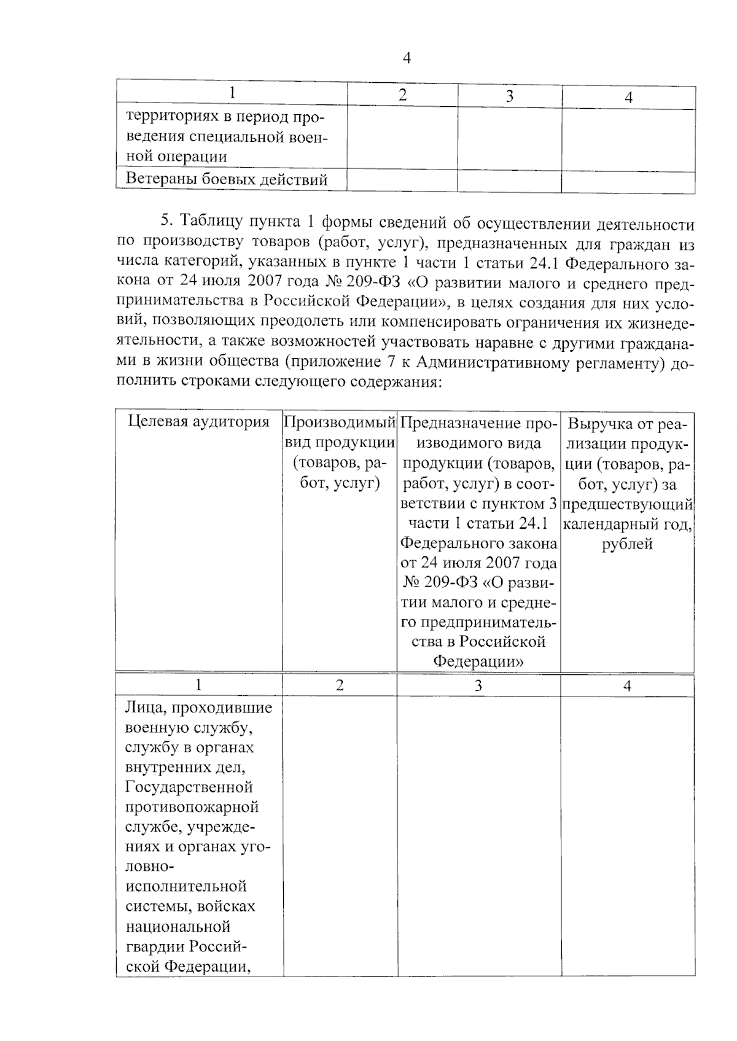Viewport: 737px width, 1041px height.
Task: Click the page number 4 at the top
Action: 406,58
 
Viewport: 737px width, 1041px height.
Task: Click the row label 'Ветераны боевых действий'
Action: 227,180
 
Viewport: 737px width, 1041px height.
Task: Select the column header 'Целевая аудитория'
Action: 198,422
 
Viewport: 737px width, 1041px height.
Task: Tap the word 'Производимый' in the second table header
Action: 339,423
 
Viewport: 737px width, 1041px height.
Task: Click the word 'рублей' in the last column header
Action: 626,544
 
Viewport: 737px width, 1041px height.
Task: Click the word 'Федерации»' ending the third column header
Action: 478,661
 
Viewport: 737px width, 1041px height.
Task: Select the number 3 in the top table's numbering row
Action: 509,96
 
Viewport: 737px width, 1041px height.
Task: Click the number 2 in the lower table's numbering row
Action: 340,685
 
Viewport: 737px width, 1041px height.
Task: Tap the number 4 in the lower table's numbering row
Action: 627,686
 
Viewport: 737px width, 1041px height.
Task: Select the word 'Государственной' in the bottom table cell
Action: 189,787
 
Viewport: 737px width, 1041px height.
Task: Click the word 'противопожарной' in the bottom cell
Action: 192,807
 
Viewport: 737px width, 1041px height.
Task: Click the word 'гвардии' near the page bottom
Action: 154,946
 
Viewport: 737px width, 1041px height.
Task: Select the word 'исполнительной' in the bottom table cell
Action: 187,886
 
